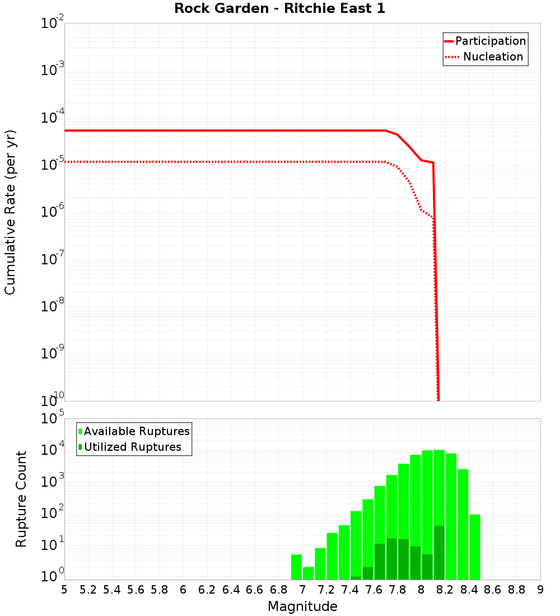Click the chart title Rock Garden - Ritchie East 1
tap(279, 8)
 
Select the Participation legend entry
tap(490, 41)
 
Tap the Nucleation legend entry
tap(492, 57)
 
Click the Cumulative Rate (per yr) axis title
tap(10, 212)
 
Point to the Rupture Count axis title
tap(21, 498)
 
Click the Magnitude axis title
tap(302, 606)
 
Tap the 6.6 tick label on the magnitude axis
tap(255, 590)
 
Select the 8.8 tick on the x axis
tap(516, 590)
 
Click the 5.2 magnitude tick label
tap(88, 590)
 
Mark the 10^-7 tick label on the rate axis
tap(53, 259)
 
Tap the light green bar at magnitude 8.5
tap(475, 547)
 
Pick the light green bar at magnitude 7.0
tap(308, 573)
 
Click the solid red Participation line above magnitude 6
tap(183, 130)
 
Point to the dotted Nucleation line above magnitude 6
tap(183, 162)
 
